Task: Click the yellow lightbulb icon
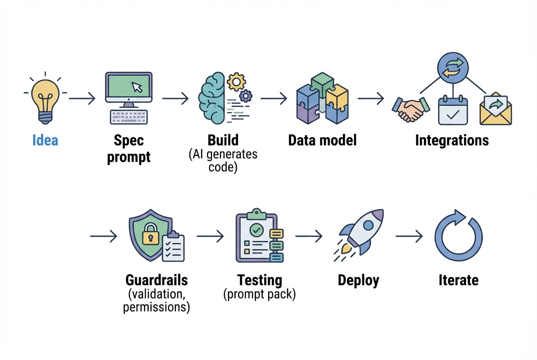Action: pos(45,99)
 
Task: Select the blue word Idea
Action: pos(45,141)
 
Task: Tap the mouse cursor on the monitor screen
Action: pos(137,87)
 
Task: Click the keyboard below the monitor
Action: pos(129,117)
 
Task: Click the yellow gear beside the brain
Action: pos(236,81)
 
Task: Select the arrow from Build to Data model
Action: pos(274,98)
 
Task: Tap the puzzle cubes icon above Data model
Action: pos(322,98)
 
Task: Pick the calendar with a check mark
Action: pos(453,111)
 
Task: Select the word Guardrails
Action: pos(156,280)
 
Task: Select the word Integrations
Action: pos(452,141)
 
